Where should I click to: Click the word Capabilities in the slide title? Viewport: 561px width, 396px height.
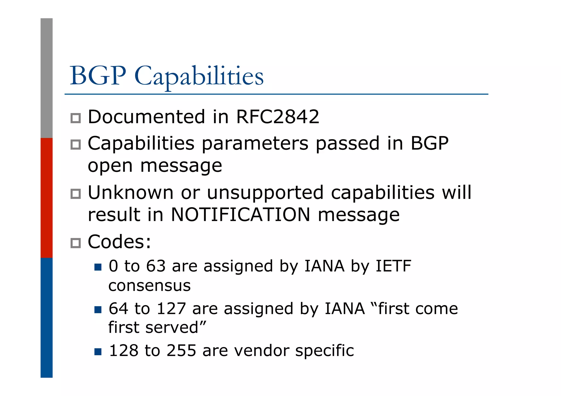(199, 76)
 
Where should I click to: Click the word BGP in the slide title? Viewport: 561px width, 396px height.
(98, 76)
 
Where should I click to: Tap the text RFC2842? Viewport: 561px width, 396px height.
(277, 117)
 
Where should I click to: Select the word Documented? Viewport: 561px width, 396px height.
(146, 117)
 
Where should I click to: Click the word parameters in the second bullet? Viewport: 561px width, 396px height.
(255, 144)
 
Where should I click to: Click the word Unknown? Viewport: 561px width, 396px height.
(131, 193)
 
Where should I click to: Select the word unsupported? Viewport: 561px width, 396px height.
(265, 193)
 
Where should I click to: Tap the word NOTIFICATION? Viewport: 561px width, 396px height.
(241, 215)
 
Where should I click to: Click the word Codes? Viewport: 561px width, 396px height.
(119, 242)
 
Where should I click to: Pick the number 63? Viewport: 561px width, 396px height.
(156, 266)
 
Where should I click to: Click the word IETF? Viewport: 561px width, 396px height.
(393, 266)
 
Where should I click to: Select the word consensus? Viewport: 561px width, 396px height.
(149, 286)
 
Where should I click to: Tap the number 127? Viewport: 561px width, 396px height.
(171, 309)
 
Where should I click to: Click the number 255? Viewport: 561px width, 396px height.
(181, 351)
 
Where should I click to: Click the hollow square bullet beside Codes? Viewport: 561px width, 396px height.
(76, 243)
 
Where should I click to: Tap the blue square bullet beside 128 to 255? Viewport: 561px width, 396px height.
(98, 352)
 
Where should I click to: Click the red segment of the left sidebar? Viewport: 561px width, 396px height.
(47, 198)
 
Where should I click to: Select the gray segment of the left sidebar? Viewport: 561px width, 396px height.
(47, 78)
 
